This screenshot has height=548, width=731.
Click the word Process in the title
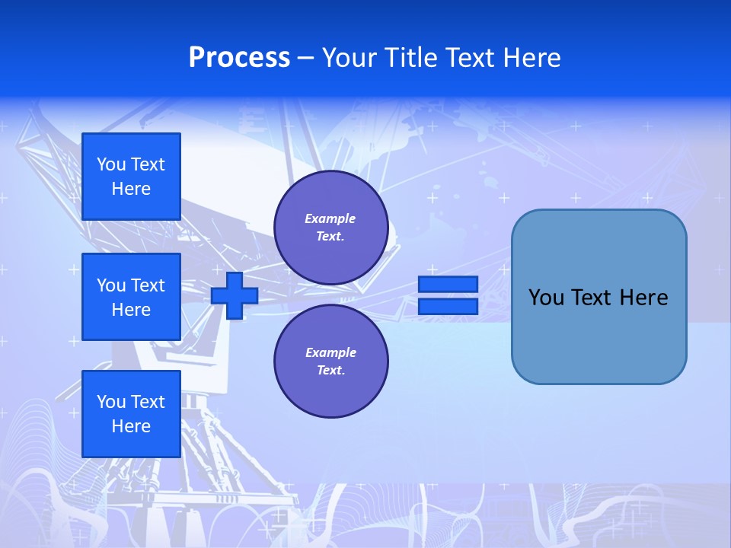click(x=239, y=58)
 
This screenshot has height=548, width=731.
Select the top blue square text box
click(x=131, y=177)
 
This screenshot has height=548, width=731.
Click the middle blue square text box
click(x=131, y=297)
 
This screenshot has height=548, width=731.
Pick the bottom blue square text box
click(x=131, y=414)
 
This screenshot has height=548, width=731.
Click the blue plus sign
click(x=235, y=295)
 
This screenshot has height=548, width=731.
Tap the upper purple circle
click(x=331, y=228)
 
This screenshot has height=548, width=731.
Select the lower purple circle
click(x=331, y=361)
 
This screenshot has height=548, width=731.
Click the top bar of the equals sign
click(x=448, y=284)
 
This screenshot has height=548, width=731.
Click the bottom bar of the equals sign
click(x=448, y=306)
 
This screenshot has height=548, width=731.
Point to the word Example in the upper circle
click(x=330, y=218)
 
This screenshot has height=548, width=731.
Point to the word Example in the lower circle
click(x=330, y=352)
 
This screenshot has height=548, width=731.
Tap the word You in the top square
click(x=111, y=164)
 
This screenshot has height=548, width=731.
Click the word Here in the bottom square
click(x=131, y=426)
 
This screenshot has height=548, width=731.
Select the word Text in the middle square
click(x=147, y=285)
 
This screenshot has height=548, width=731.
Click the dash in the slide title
click(x=305, y=59)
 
